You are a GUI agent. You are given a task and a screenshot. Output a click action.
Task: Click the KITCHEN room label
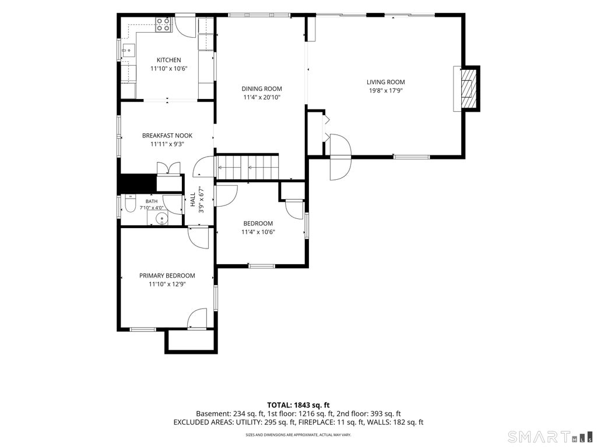168,60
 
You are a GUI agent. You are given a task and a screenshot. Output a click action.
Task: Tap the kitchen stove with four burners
163,24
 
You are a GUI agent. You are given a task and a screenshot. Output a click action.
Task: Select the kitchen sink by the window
128,50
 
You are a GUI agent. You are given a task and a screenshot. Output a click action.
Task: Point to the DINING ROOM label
262,88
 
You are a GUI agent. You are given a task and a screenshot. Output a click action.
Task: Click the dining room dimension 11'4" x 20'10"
262,97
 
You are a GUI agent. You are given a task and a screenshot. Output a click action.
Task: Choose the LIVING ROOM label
386,81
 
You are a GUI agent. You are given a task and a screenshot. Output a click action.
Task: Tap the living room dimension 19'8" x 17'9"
386,90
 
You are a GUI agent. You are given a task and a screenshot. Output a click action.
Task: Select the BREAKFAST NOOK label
167,135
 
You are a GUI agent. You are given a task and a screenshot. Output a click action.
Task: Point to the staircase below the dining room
247,166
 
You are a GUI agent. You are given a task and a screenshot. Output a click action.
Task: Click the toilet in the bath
129,204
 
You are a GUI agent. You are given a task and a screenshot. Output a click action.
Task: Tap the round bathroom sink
162,219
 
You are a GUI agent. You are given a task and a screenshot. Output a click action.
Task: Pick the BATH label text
151,201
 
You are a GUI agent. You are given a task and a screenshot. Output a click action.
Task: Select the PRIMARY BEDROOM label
167,275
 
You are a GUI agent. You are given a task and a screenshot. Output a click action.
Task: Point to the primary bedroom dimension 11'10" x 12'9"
167,284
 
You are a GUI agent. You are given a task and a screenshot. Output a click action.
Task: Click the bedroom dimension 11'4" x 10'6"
258,232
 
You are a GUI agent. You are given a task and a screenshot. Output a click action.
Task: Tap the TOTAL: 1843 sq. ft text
298,405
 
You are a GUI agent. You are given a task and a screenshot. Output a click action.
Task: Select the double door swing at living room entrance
340,157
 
